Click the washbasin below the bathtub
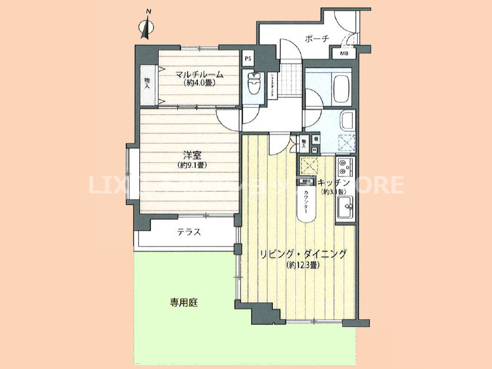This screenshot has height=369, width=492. (347, 120)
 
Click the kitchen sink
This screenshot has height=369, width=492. (345, 208)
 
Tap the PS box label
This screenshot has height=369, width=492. (248, 58)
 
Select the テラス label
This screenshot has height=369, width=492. (189, 233)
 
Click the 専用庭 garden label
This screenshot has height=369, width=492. (184, 303)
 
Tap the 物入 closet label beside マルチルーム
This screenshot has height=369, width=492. (147, 83)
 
